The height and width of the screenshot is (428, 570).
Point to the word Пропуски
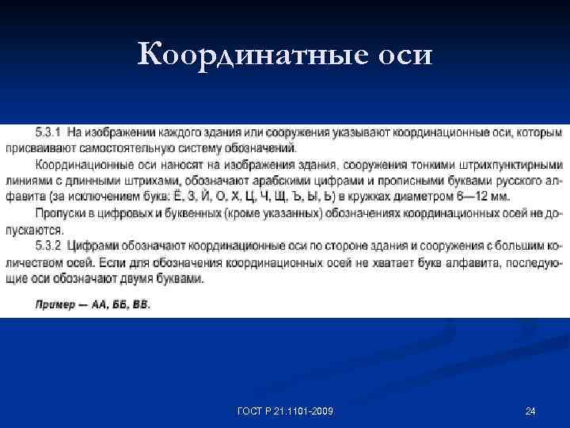tap(59, 212)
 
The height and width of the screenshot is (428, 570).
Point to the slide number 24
tap(530, 411)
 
